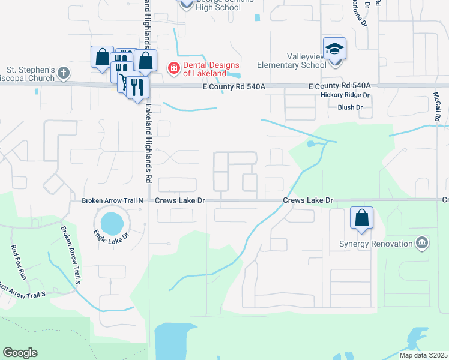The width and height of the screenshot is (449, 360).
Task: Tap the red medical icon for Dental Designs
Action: pyautogui.click(x=174, y=69)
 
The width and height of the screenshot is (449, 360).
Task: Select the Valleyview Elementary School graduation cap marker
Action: pyautogui.click(x=334, y=49)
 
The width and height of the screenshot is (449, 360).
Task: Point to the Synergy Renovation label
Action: pyautogui.click(x=384, y=244)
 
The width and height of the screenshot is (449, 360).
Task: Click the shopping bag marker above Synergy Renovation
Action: pyautogui.click(x=362, y=218)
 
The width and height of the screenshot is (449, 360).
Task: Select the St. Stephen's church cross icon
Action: pyautogui.click(x=64, y=73)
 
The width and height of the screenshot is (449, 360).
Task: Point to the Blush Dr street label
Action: pyautogui.click(x=350, y=107)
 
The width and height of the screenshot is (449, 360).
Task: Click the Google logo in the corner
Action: pyautogui.click(x=20, y=353)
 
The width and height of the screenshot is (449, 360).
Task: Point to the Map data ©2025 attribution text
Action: pyautogui.click(x=423, y=355)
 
